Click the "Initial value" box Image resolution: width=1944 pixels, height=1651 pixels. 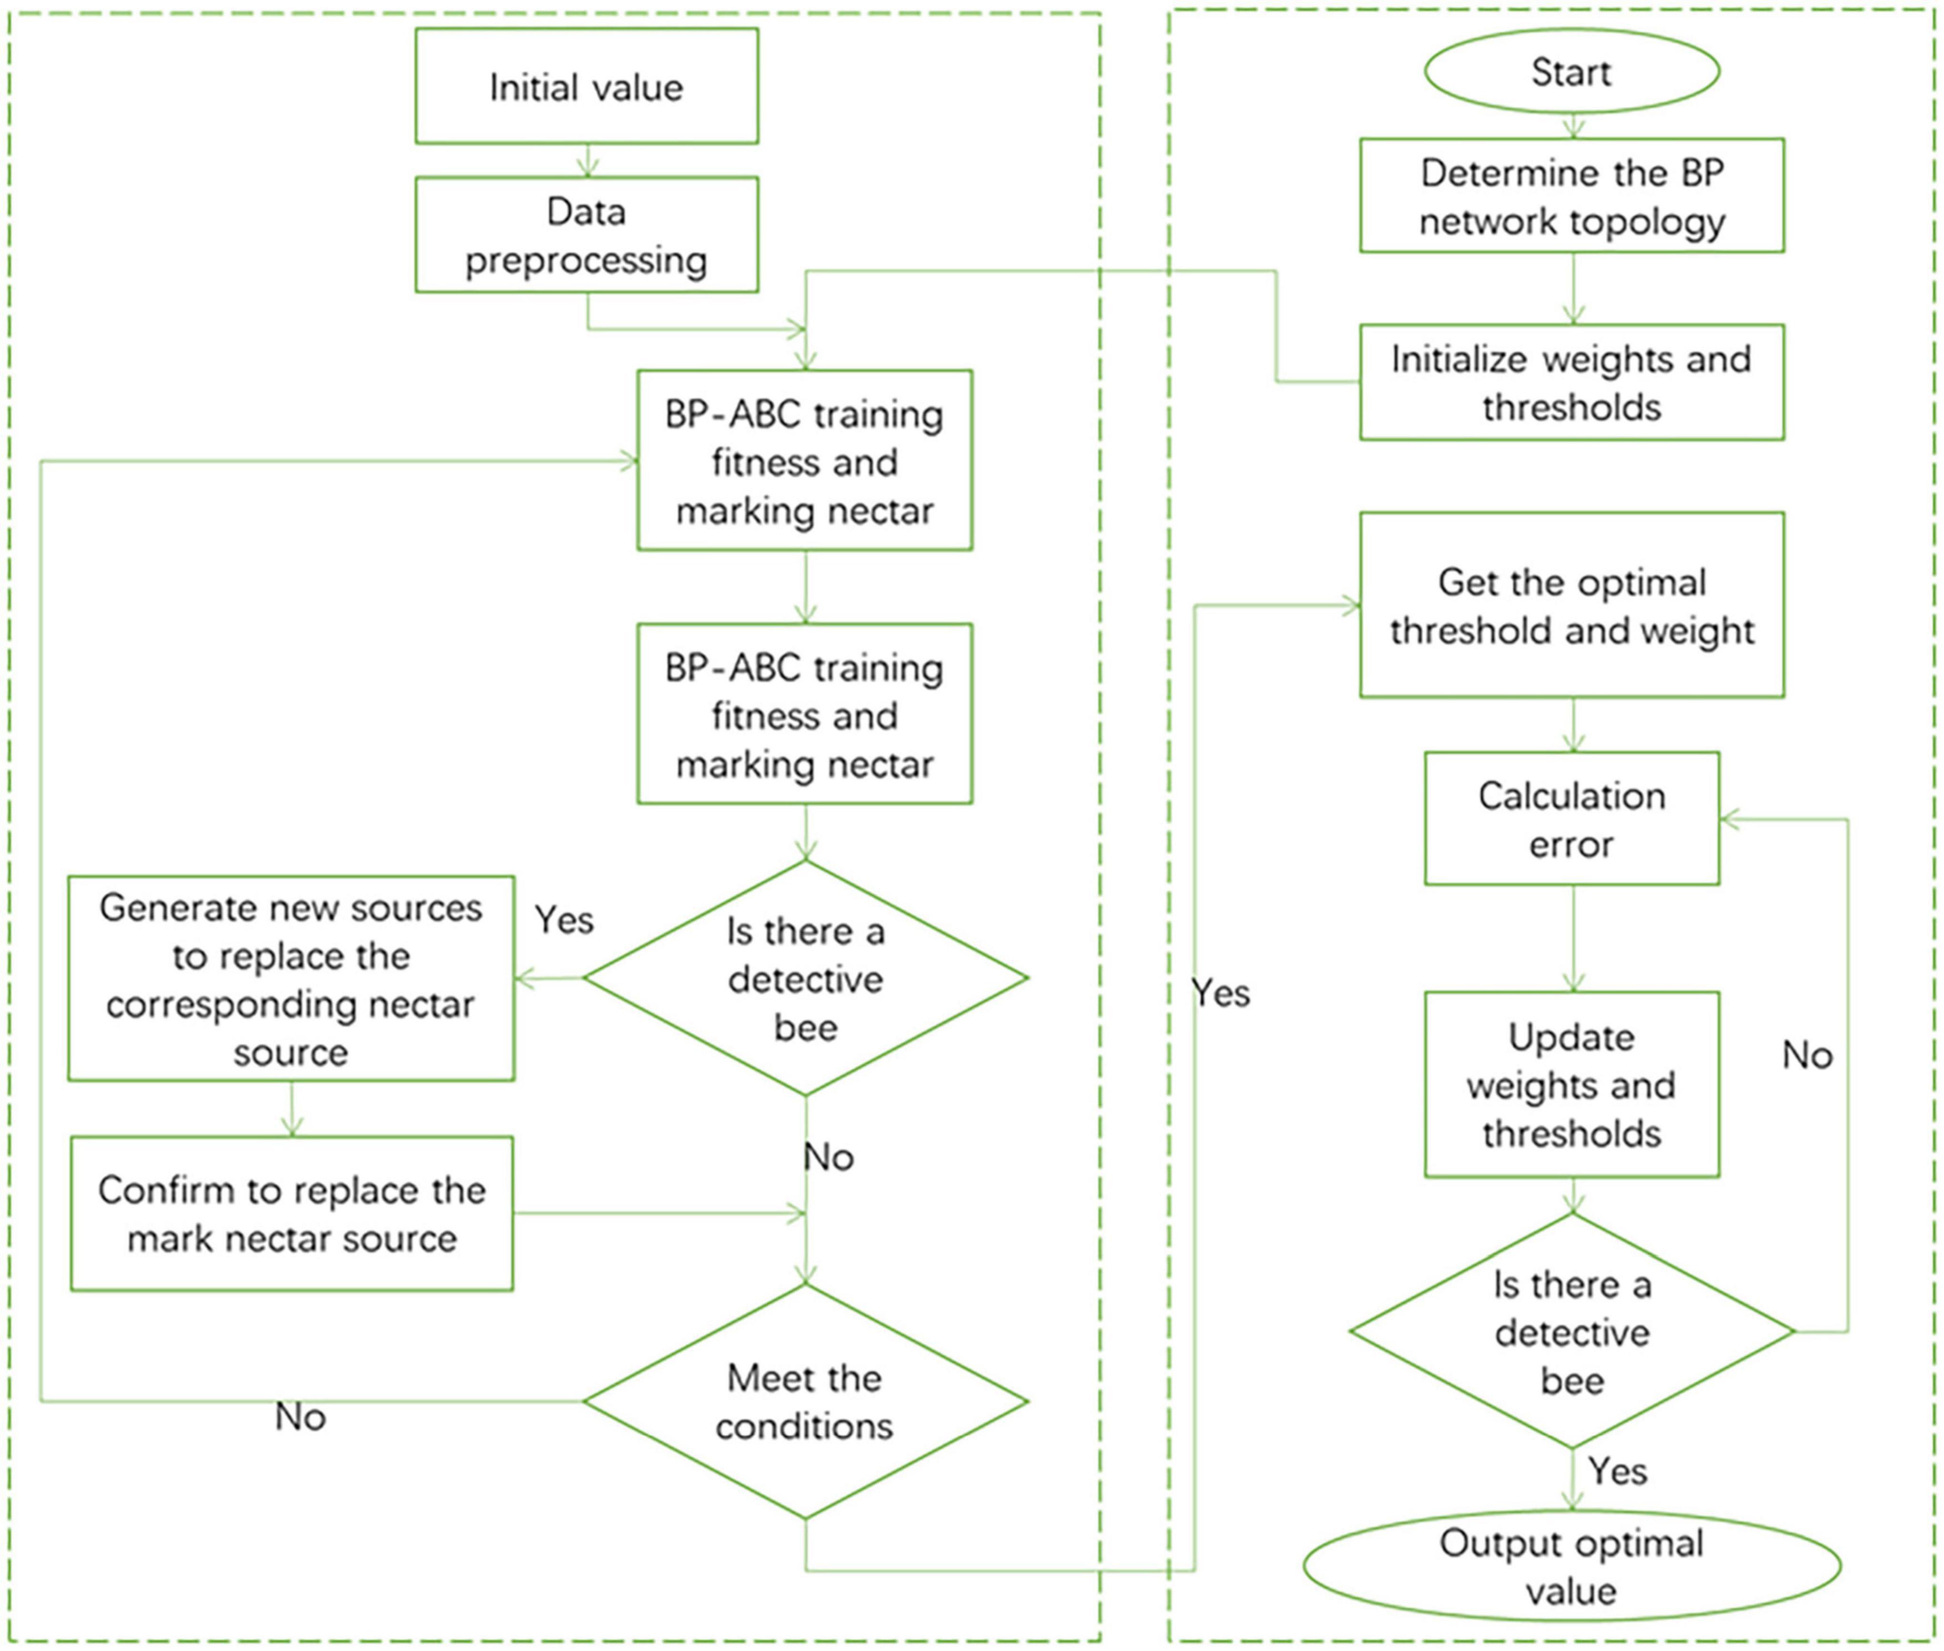coord(587,86)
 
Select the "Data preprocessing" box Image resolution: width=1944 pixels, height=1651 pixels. coord(587,235)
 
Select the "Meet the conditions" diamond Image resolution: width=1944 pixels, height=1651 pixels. coord(806,1401)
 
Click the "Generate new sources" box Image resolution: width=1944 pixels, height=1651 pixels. coord(291,978)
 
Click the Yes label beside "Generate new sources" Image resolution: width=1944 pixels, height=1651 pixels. coord(564,920)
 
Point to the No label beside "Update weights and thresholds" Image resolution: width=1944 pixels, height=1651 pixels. coord(1806,1055)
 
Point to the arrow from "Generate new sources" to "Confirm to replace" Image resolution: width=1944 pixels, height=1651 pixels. coord(292,1109)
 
